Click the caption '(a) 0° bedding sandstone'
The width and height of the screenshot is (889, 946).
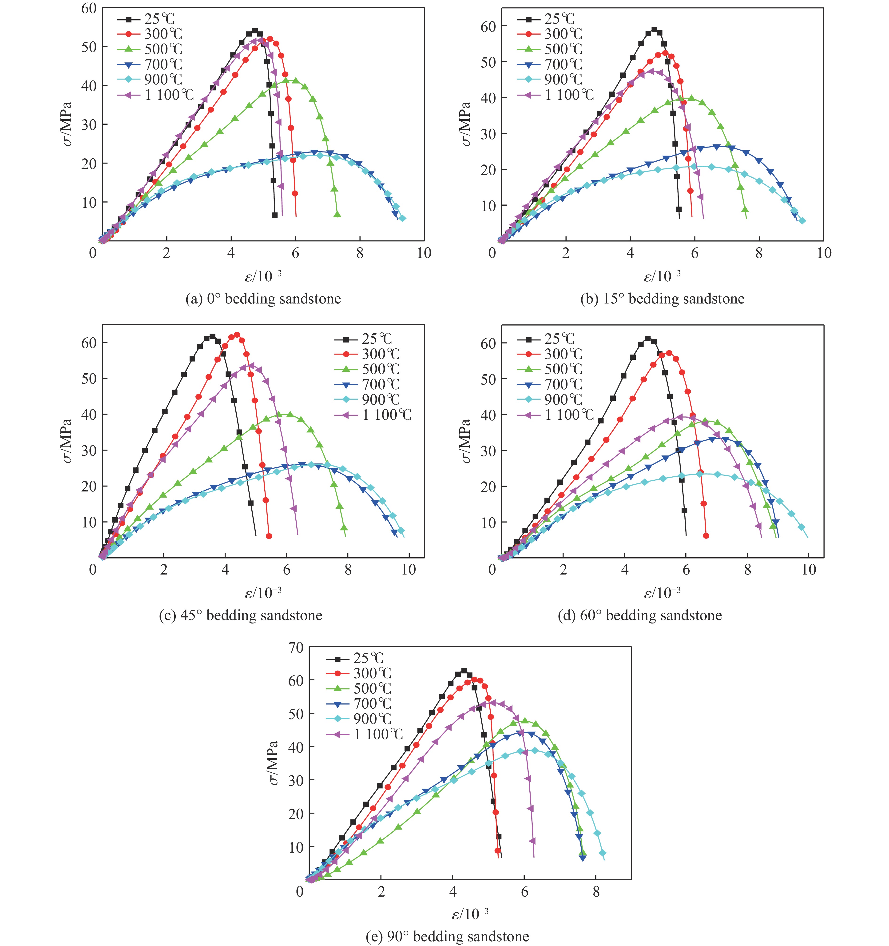pos(263,299)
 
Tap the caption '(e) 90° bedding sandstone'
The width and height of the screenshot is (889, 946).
pos(447,937)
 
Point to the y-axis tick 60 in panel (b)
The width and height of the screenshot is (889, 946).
pos(488,27)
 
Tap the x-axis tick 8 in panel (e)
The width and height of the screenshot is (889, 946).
pos(596,892)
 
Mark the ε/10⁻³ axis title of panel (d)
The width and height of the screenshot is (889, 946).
pos(662,593)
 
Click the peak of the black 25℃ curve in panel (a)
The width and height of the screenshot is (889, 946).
pos(254,31)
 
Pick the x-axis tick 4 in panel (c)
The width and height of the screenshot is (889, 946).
pos(225,570)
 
